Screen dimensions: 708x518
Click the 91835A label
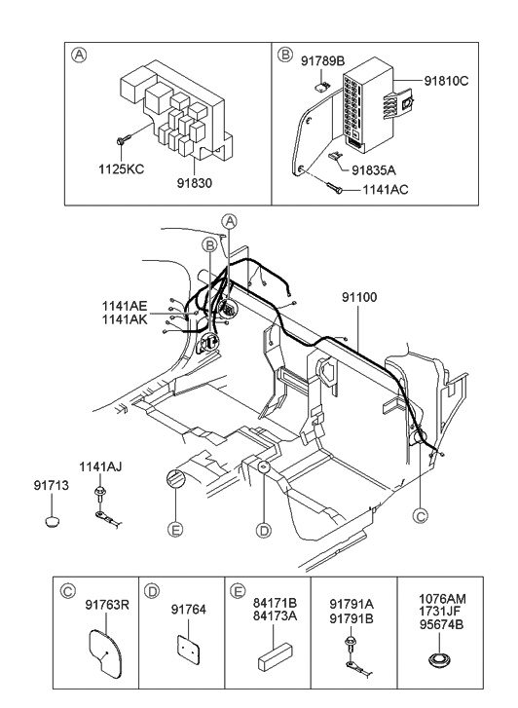[x=385, y=168]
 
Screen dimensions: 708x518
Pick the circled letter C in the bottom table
[x=67, y=590]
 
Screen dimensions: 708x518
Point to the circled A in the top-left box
[x=79, y=56]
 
